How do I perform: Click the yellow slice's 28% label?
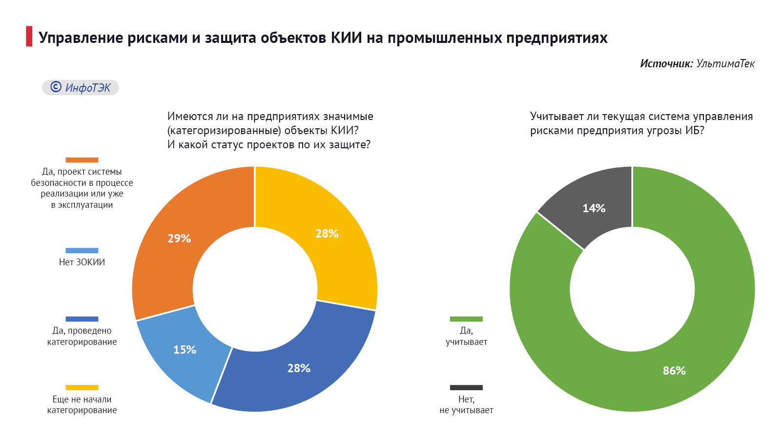tap(327, 234)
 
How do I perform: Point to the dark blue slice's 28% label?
tap(299, 368)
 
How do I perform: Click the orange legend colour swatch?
tap(82, 160)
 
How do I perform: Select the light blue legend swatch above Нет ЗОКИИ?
tap(82, 251)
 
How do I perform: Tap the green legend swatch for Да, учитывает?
tap(466, 319)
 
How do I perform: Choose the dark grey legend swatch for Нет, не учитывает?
tap(466, 388)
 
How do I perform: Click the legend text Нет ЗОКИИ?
tap(82, 262)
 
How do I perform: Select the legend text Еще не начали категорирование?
tap(82, 405)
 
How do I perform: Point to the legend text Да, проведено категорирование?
tap(82, 336)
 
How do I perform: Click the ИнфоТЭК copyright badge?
tap(81, 87)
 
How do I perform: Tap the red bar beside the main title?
tap(29, 37)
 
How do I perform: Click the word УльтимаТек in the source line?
tap(725, 63)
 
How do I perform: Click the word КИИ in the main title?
tap(346, 38)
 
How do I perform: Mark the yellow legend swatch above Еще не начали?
tap(82, 388)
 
